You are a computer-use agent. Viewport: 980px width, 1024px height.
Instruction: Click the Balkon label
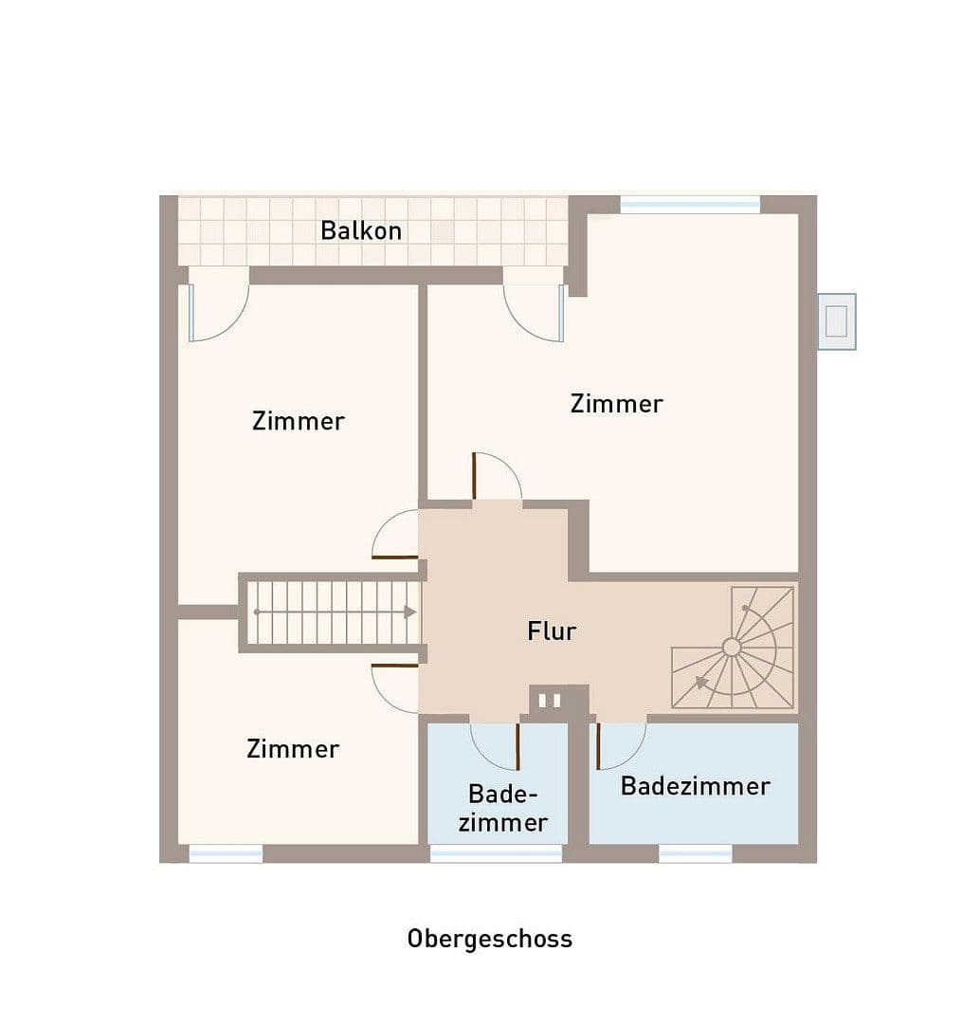pos(361,230)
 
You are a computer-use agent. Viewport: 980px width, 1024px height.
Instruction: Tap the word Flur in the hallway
pos(552,631)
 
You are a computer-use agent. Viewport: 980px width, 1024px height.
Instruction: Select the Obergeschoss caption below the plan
pos(490,939)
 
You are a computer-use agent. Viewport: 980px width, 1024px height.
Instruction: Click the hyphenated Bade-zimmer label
pos(502,808)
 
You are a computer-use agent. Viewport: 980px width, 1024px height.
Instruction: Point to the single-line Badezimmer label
pos(695,786)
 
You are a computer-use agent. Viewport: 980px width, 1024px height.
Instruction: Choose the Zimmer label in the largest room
pos(616,404)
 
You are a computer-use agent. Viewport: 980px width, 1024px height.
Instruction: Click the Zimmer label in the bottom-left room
pos(293,749)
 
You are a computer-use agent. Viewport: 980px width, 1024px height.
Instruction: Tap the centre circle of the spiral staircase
pos(732,648)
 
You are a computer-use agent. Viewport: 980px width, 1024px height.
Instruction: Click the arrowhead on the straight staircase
pos(409,613)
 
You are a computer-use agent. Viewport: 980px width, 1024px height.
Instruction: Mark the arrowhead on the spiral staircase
pos(702,682)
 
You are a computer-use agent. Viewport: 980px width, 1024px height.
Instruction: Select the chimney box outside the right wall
pos(836,321)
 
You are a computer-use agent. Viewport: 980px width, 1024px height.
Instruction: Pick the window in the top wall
pos(690,204)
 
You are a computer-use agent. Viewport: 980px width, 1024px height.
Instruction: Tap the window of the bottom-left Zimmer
pos(226,853)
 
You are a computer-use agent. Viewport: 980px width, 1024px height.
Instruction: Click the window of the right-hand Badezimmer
pos(696,853)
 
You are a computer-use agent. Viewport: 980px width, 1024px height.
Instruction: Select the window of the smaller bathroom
pos(496,853)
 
